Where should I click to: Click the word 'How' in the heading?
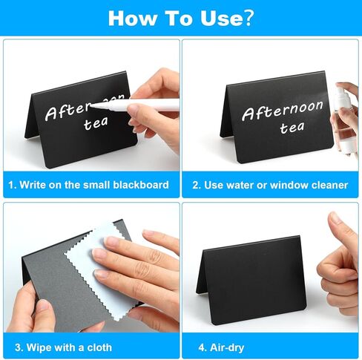(x=134, y=18)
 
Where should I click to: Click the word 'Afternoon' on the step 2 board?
(x=283, y=111)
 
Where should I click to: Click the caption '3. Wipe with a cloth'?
(x=62, y=347)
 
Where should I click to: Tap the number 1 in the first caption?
(x=12, y=184)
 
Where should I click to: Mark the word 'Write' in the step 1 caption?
(x=33, y=184)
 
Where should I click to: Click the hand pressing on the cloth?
(x=134, y=267)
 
